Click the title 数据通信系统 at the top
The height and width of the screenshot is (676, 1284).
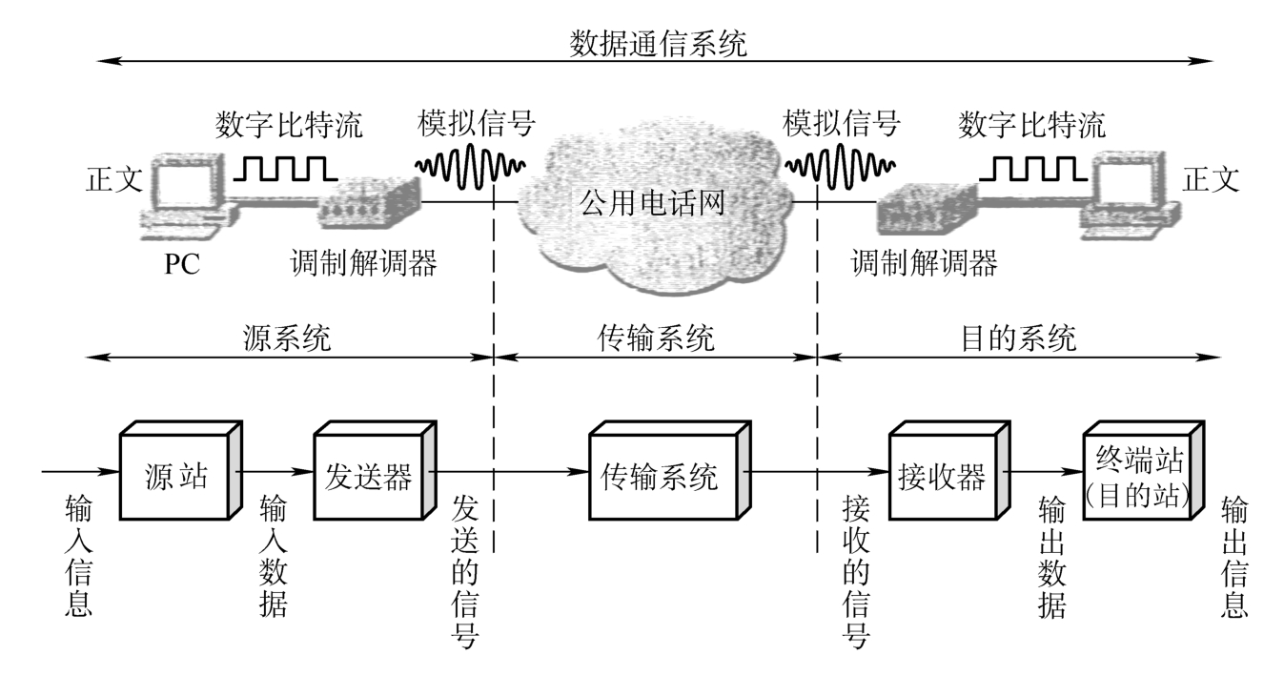click(658, 44)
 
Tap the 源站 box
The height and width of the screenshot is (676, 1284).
click(180, 471)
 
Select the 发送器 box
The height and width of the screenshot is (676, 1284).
click(375, 471)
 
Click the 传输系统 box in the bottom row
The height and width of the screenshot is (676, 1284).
click(669, 471)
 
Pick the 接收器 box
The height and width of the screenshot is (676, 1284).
click(949, 471)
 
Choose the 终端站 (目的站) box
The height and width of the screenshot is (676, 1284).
click(1144, 471)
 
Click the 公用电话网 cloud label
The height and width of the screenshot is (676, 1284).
click(652, 203)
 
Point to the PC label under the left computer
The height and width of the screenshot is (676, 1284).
click(182, 264)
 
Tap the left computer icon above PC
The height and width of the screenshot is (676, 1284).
click(189, 195)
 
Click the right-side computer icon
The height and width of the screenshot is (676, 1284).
click(1131, 195)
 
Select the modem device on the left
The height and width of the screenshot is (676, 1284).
click(369, 203)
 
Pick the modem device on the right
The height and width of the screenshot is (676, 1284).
click(927, 209)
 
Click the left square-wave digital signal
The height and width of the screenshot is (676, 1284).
click(285, 169)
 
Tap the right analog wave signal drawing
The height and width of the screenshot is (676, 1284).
click(840, 166)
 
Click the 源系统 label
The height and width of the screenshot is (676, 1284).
click(287, 338)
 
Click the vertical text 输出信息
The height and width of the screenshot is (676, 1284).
click(1234, 556)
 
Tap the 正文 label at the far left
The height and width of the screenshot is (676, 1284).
click(114, 179)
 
